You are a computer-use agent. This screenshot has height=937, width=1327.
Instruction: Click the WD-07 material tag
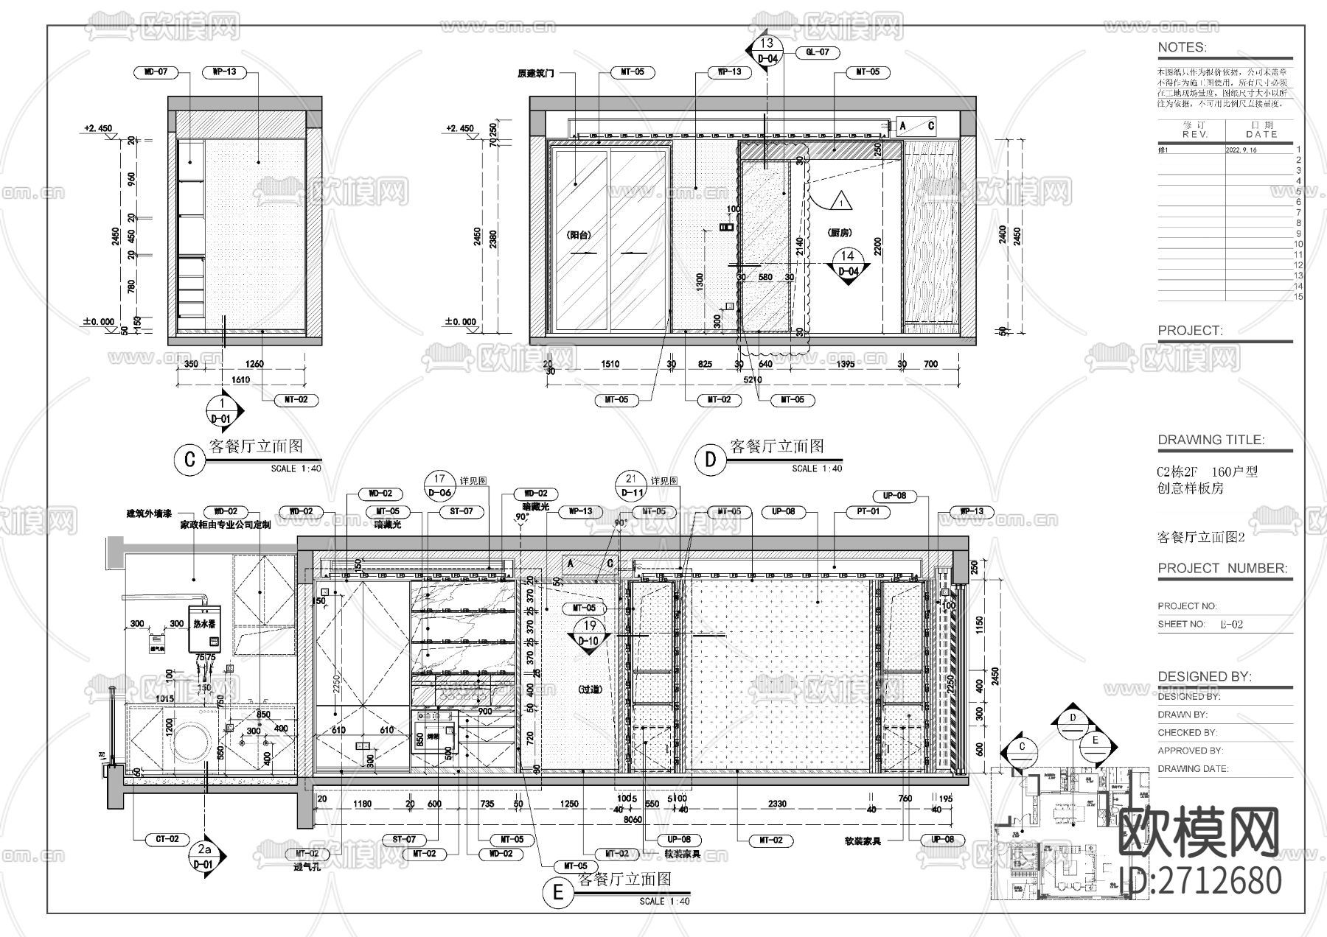click(x=156, y=72)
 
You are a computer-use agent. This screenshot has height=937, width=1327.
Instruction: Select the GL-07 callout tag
click(x=818, y=52)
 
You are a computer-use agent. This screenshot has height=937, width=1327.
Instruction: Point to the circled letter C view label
click(x=189, y=459)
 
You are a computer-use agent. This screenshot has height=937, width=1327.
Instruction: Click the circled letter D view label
click(x=711, y=459)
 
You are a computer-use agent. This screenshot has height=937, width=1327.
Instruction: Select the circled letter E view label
click(x=558, y=893)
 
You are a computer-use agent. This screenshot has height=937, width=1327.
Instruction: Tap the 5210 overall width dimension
click(x=752, y=380)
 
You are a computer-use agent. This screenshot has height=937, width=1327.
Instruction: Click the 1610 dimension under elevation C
click(x=241, y=380)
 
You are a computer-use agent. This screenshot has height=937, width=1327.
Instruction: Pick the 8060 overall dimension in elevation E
click(x=633, y=818)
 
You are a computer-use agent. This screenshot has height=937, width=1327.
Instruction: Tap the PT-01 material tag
click(x=868, y=511)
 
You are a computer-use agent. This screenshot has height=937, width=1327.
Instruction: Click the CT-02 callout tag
click(x=167, y=839)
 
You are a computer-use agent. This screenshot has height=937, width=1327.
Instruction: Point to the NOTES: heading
click(x=1182, y=48)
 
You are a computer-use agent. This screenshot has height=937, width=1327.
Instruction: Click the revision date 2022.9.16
click(x=1241, y=150)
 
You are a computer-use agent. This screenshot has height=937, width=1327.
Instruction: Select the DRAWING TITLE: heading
click(x=1211, y=440)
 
